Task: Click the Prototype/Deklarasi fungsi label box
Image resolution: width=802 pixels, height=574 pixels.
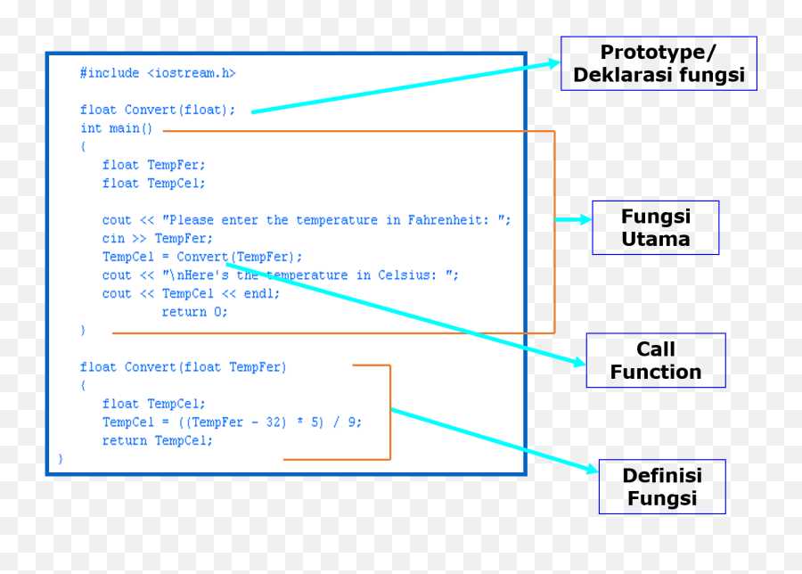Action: pos(659,63)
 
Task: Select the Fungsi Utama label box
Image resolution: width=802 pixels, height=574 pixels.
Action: pos(655,227)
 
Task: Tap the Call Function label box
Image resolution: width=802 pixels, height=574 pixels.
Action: pos(655,360)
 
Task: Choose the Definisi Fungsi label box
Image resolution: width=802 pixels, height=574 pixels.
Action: pos(661,487)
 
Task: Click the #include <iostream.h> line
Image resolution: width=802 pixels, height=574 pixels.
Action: pos(158,73)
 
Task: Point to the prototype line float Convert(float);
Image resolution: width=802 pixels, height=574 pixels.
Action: pos(158,110)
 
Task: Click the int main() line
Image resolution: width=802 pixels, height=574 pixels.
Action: pos(117,128)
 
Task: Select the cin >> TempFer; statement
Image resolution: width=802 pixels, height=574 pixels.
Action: pos(158,238)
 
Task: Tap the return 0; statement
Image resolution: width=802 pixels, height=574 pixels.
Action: pos(194,312)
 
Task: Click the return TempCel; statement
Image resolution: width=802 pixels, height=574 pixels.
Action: pos(158,440)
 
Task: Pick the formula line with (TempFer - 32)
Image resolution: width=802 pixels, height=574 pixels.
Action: pos(232,422)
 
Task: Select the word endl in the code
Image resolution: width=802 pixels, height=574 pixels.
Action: pos(258,293)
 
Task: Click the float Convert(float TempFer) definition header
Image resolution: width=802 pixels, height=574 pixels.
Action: pos(184,366)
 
